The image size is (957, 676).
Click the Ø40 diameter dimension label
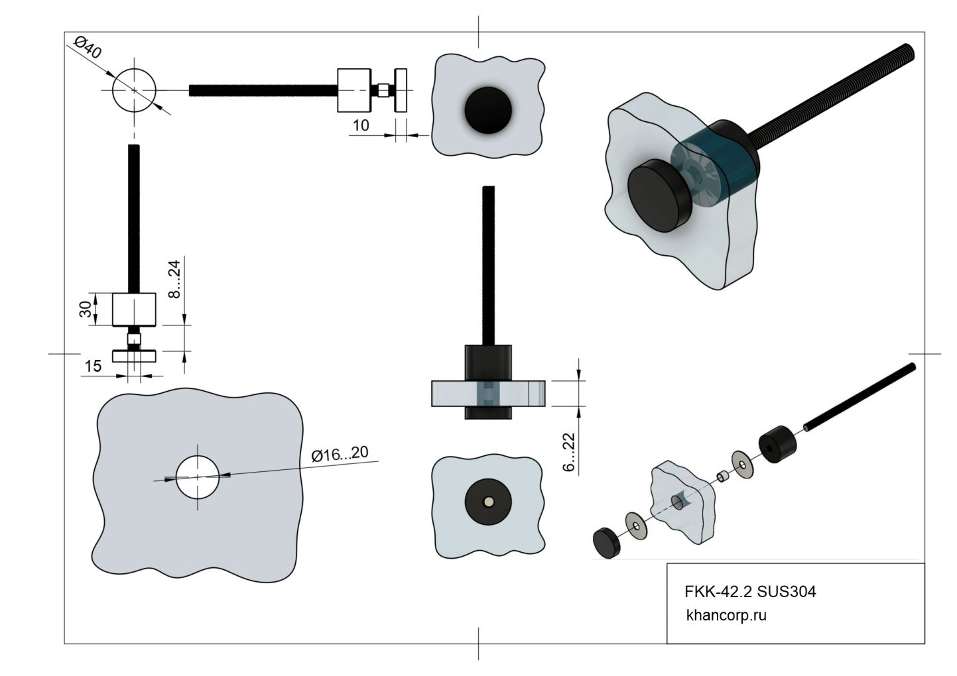[x=88, y=48]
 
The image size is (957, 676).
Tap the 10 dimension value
[x=361, y=125]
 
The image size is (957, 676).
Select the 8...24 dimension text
[x=174, y=279]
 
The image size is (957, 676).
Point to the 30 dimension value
[x=86, y=310]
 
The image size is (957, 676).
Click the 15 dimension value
[x=93, y=366]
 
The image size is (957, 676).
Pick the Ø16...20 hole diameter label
[x=340, y=454]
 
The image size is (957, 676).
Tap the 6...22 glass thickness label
[x=568, y=452]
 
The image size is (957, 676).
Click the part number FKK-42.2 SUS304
[x=750, y=591]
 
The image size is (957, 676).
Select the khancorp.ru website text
[x=726, y=616]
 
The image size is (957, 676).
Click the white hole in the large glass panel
[x=198, y=477]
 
